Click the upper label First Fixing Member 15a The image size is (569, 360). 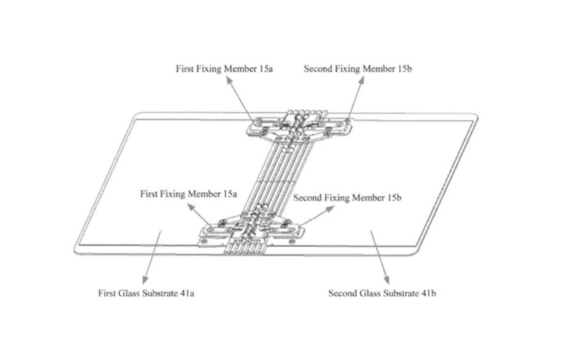click(224, 69)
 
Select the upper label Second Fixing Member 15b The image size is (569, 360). click(358, 69)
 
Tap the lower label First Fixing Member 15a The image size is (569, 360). click(189, 194)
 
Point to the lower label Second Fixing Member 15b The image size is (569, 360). click(347, 198)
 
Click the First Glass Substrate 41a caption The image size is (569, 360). click(146, 293)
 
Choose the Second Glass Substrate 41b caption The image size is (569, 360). click(382, 293)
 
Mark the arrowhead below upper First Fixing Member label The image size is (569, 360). click(229, 81)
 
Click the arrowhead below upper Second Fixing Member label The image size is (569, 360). click(361, 80)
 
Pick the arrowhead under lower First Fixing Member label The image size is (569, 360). click(191, 207)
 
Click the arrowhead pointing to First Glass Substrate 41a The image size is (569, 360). click(145, 279)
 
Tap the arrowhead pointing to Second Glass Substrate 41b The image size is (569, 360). click(387, 279)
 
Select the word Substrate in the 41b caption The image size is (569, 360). click(402, 293)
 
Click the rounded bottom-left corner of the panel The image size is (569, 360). click(77, 251)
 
